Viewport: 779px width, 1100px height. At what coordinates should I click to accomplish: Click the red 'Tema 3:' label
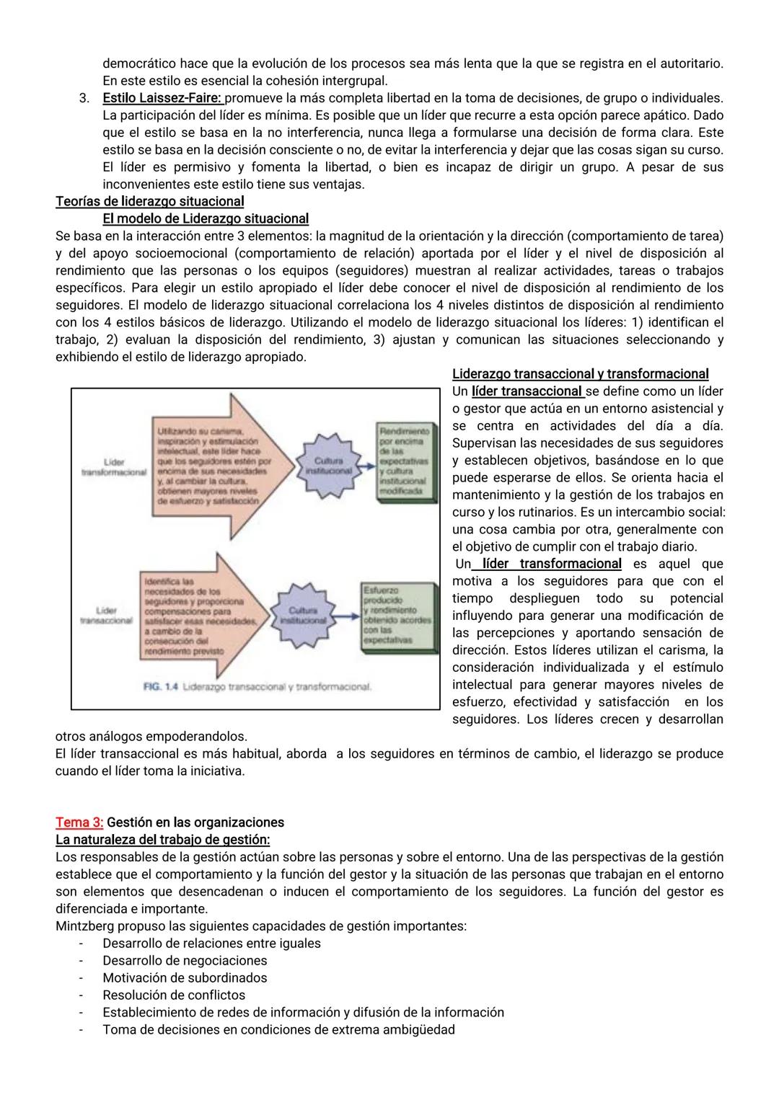tap(79, 822)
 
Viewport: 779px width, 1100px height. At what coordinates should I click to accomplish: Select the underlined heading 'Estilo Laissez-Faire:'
tap(163, 97)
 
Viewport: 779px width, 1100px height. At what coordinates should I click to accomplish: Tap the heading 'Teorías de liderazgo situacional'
tap(149, 201)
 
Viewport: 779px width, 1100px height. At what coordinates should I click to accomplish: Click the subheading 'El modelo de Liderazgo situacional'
tap(206, 218)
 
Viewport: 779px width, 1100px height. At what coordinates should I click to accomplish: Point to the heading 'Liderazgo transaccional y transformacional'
tap(580, 373)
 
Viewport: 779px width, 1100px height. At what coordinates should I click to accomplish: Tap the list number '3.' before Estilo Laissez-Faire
tap(84, 97)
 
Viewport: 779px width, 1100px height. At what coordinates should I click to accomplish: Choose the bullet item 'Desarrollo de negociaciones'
tap(185, 961)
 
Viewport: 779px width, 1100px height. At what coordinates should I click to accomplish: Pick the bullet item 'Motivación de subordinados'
tap(185, 978)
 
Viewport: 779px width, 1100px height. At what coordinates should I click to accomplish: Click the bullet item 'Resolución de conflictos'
tap(174, 995)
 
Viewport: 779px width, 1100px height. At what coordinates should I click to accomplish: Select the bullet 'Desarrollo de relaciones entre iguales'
tap(211, 944)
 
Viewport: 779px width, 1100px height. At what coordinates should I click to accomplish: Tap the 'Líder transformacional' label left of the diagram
tap(114, 466)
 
